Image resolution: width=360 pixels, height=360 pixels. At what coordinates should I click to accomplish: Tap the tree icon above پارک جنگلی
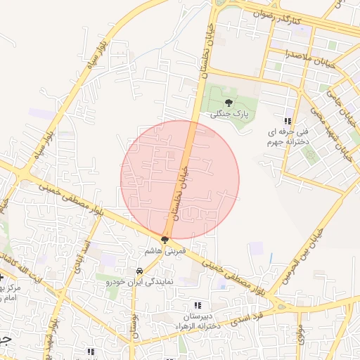(x=228, y=103)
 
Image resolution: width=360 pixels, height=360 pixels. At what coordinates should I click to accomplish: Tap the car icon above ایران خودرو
(x=139, y=271)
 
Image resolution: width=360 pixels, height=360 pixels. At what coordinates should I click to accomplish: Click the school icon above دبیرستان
(x=198, y=305)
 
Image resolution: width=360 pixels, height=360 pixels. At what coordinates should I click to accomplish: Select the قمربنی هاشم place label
(x=165, y=250)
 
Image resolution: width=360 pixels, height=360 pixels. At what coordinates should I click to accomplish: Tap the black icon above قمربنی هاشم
(x=165, y=240)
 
